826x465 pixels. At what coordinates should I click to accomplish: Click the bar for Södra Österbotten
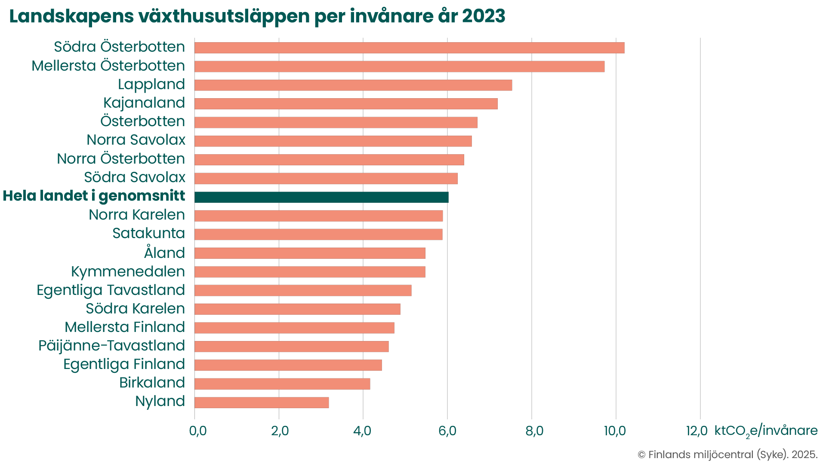pos(409,48)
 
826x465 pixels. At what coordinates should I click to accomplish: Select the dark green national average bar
pos(321,197)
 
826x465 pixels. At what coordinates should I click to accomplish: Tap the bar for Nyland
pos(262,403)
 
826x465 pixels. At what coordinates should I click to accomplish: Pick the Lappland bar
pos(353,85)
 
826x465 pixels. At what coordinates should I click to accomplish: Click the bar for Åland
pos(310,253)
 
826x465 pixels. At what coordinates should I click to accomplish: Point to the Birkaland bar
pos(282,384)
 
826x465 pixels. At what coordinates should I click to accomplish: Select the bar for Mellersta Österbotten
pos(399,66)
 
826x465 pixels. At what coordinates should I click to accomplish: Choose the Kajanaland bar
pos(346,104)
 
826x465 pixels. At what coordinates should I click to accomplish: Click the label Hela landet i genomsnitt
pos(94,196)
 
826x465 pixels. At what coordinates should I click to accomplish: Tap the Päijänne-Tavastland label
pos(111,345)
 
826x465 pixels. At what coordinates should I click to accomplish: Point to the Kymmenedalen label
pos(128,272)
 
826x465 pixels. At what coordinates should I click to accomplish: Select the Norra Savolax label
pos(136,140)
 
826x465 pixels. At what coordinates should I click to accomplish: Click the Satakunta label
pos(149,233)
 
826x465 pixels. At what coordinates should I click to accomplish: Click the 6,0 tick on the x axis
pos(447,431)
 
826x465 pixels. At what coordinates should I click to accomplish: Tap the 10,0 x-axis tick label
pos(615,431)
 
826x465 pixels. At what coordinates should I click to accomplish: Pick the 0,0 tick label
pos(198,431)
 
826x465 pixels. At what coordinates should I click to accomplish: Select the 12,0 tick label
pos(697,431)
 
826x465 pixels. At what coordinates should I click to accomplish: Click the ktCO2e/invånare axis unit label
pos(766,431)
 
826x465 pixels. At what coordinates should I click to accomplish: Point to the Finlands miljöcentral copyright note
pos(727,455)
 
